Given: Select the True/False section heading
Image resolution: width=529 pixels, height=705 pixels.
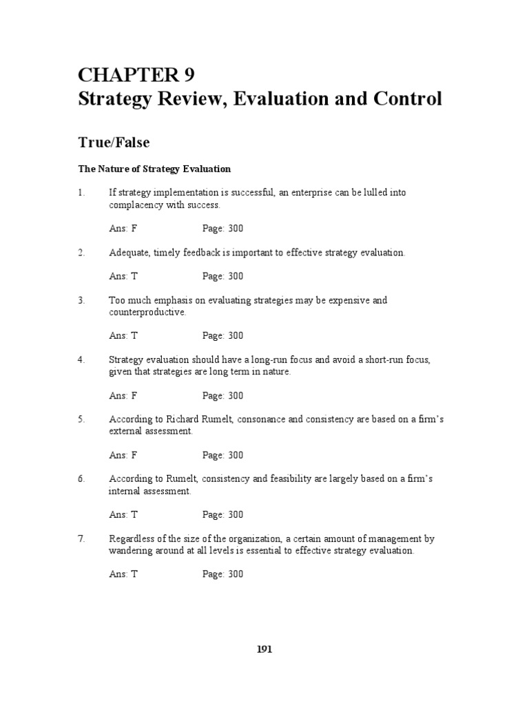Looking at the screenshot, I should [x=113, y=143].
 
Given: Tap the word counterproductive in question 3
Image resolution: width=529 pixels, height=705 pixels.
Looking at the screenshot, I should [x=147, y=312].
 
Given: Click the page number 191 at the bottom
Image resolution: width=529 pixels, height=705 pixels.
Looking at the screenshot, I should [x=264, y=649].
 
